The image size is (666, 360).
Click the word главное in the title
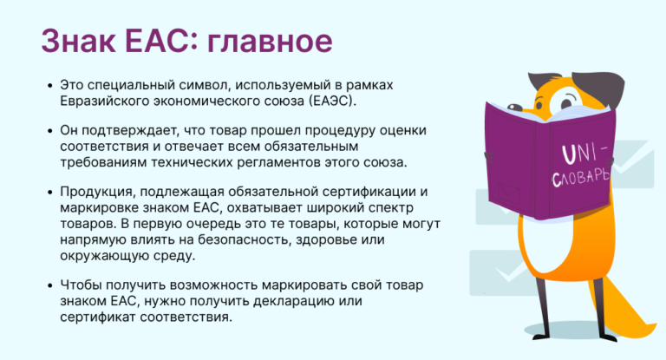[270, 42]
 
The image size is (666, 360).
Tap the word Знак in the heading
[78, 41]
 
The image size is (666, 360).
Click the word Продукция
[98, 192]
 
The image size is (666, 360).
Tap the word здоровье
[321, 239]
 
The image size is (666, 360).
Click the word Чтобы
[81, 285]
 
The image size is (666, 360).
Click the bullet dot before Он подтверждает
[50, 131]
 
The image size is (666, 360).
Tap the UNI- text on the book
[584, 154]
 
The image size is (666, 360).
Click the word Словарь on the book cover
[581, 177]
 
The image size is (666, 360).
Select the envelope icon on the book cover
[509, 193]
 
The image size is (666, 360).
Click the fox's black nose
[515, 108]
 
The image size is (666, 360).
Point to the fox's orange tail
[624, 311]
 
